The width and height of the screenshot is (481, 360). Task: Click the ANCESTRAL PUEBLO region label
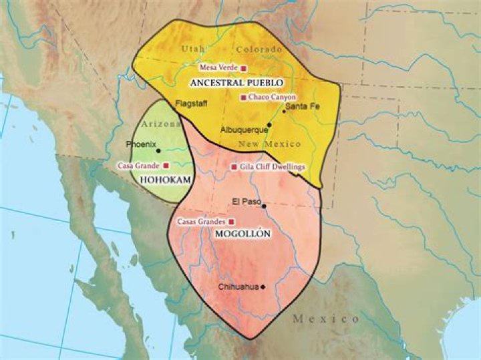(236, 83)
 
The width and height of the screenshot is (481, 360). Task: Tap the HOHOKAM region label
(163, 180)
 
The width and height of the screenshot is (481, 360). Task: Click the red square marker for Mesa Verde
(244, 68)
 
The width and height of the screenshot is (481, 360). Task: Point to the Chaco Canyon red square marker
(244, 98)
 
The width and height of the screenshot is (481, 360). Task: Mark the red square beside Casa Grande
(166, 165)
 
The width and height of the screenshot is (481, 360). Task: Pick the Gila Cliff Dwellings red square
(234, 167)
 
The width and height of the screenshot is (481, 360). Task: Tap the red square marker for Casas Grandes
(232, 221)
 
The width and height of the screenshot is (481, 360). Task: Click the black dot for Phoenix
(158, 150)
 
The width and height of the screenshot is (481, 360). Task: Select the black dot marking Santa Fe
(283, 111)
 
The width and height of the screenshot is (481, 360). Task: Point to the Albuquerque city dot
(269, 125)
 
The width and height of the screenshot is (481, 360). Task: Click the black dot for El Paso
(264, 206)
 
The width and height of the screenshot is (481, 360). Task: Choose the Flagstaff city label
(188, 104)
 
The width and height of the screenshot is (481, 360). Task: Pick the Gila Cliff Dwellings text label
(273, 167)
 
